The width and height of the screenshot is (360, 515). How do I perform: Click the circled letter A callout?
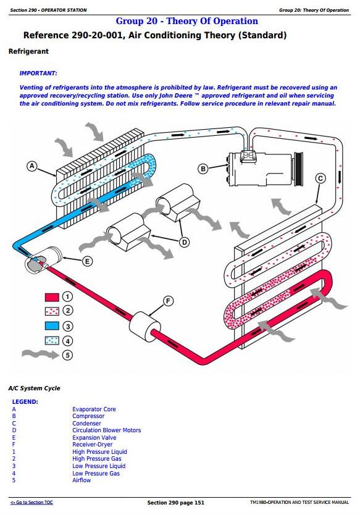click(x=32, y=166)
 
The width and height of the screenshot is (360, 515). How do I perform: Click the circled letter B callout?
click(x=203, y=169)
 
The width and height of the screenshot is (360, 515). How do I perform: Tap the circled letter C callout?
click(x=320, y=178)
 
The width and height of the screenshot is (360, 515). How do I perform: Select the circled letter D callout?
click(x=185, y=243)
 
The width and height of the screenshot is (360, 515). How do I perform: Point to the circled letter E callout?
click(x=87, y=261)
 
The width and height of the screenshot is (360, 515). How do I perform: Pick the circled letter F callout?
click(x=168, y=301)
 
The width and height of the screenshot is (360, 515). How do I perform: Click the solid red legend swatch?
click(x=52, y=297)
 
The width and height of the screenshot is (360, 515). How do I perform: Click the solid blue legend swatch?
click(x=52, y=325)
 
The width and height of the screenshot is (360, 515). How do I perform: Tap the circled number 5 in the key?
click(x=67, y=355)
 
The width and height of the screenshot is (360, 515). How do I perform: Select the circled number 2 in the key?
click(x=68, y=311)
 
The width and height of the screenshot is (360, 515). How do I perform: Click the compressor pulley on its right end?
click(x=298, y=168)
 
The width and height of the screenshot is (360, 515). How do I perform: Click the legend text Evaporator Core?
click(x=94, y=409)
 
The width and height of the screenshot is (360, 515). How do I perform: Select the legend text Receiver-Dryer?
click(x=92, y=445)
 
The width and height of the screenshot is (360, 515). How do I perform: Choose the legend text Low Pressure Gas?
click(x=96, y=473)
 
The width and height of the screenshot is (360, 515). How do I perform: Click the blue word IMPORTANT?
click(x=38, y=73)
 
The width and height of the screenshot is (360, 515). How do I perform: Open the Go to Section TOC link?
click(x=32, y=502)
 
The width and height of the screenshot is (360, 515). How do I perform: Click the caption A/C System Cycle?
click(x=34, y=388)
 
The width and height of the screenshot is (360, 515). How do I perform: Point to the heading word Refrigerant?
click(x=28, y=51)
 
